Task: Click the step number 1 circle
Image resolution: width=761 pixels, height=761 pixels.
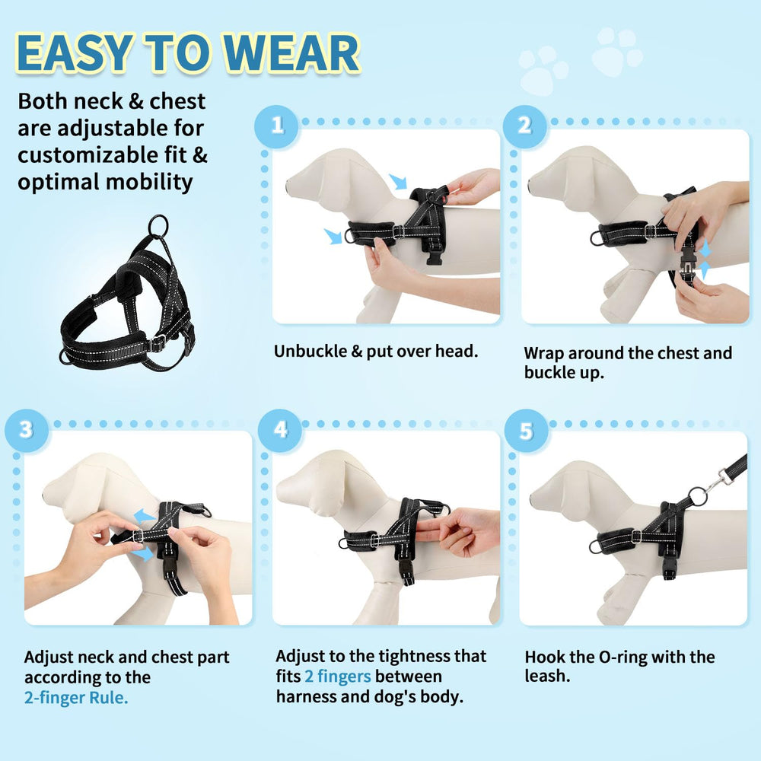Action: coord(277,125)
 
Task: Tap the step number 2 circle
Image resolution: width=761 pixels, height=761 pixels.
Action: coord(525,125)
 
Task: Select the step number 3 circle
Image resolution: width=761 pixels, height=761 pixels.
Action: coord(27,429)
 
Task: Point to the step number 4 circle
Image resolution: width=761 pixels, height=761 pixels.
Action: coord(281,429)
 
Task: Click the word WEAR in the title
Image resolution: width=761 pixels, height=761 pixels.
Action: coord(293,55)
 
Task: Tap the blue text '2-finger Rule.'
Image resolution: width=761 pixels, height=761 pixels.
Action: coord(75,697)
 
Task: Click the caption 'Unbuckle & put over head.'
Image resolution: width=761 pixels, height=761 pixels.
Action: coord(376,351)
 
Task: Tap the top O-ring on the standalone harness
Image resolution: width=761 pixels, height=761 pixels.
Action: coord(158,225)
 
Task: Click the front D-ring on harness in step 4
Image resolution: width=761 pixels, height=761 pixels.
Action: coord(345,543)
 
